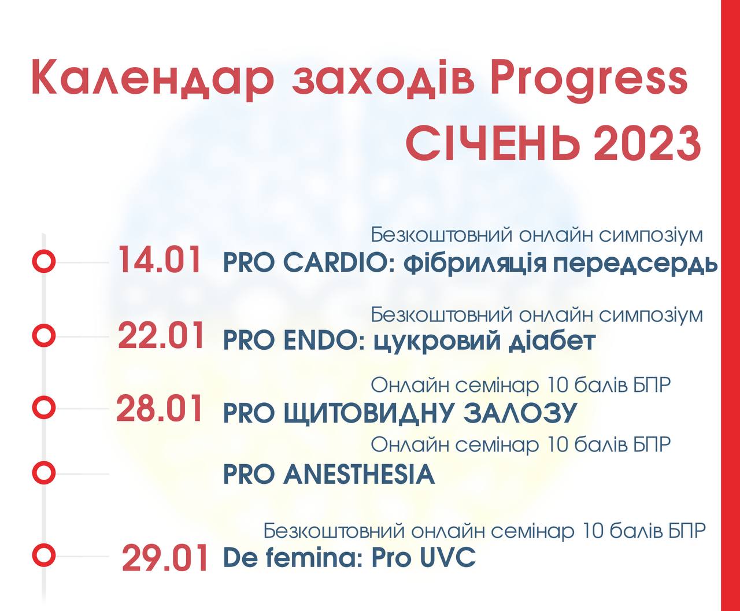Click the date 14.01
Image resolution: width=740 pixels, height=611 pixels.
click(x=160, y=261)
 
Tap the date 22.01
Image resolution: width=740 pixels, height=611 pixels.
click(x=161, y=335)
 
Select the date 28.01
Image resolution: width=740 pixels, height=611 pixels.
click(x=160, y=409)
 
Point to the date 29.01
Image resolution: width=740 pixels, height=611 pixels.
click(x=165, y=558)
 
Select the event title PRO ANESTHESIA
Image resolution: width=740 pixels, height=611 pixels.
click(x=329, y=475)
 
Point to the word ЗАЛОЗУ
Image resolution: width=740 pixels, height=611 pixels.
click(x=521, y=413)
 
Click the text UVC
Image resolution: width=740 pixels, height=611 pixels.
click(x=447, y=557)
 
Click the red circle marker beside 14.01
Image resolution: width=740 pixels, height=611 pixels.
click(x=43, y=261)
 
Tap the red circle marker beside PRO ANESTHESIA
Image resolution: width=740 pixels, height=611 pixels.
click(x=43, y=473)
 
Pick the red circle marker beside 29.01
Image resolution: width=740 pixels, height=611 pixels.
click(x=43, y=555)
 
